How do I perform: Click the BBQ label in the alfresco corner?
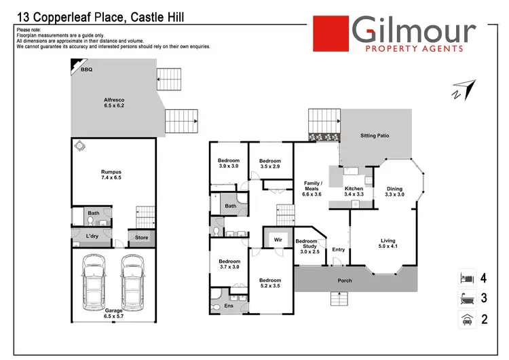pos(86,70)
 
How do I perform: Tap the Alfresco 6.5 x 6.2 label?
pos(113,103)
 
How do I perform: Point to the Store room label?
pos(141,238)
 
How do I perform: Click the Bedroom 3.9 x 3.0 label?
pos(229,163)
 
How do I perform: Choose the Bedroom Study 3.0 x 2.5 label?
pos(307,246)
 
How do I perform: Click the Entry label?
pos(339,250)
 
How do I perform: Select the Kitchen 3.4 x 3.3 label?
pos(354,191)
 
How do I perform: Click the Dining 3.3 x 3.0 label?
pos(394,192)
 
